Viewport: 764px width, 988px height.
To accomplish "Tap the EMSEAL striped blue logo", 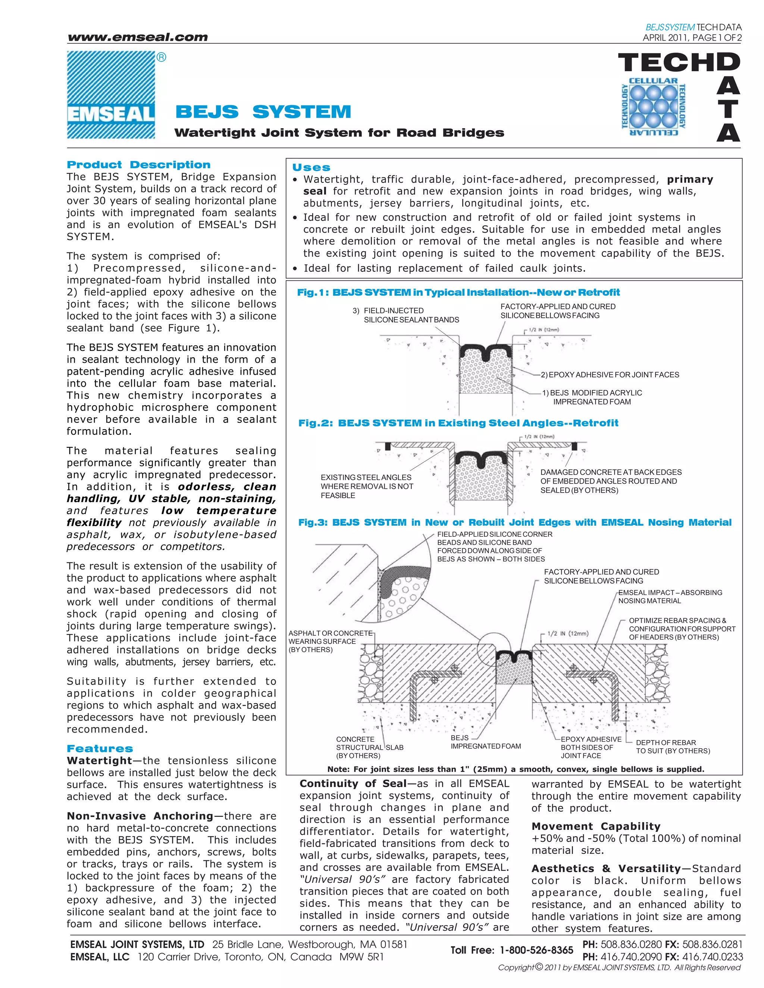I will tap(111, 95).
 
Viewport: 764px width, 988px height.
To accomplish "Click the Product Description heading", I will tap(138, 165).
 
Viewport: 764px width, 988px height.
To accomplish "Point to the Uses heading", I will tap(311, 167).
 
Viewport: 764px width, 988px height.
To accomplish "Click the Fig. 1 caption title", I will tap(458, 293).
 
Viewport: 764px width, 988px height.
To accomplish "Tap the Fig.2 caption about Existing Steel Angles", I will tap(458, 423).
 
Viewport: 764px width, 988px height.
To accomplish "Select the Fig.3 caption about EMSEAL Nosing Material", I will tap(514, 522).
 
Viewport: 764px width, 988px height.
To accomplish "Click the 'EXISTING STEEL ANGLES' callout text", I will tap(367, 486).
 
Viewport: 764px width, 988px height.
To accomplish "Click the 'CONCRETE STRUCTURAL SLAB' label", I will tap(369, 747).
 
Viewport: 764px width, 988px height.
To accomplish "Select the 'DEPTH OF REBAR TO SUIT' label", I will tap(673, 746).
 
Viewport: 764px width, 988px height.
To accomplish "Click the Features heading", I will tap(100, 749).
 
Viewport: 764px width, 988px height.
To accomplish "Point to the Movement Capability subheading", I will tap(596, 826).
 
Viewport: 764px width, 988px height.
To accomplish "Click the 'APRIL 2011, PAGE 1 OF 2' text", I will tap(692, 38).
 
